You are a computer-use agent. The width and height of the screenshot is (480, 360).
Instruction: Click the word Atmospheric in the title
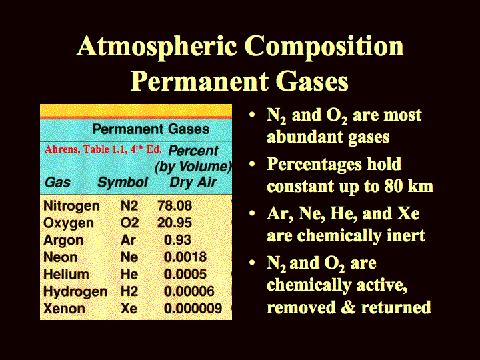tap(157, 47)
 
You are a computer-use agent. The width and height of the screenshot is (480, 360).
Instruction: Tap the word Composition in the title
tap(324, 47)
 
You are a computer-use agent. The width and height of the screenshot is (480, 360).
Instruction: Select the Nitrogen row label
tap(71, 206)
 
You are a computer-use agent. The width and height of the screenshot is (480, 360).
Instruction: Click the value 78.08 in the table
tap(175, 205)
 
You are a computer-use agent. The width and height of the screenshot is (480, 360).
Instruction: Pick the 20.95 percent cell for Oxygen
tap(175, 223)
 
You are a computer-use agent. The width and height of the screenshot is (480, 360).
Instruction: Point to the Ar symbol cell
tap(128, 240)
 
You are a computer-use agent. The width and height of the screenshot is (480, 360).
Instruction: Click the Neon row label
tap(60, 257)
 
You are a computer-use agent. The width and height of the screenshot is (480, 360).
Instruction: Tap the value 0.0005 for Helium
tap(185, 274)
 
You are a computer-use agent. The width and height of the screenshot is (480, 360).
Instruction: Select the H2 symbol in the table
tap(129, 291)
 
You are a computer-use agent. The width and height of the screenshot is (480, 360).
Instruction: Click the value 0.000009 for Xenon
tap(193, 308)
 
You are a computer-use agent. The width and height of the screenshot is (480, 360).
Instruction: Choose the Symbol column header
tap(123, 183)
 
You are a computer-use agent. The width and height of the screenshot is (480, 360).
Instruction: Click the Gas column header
tap(57, 183)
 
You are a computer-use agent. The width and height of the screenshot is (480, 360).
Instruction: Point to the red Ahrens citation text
tap(103, 149)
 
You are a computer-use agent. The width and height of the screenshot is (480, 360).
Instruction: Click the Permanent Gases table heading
tap(151, 129)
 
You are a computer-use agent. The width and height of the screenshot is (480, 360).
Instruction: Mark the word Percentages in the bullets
tap(315, 165)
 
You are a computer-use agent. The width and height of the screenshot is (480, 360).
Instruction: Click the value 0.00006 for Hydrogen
tap(189, 291)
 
